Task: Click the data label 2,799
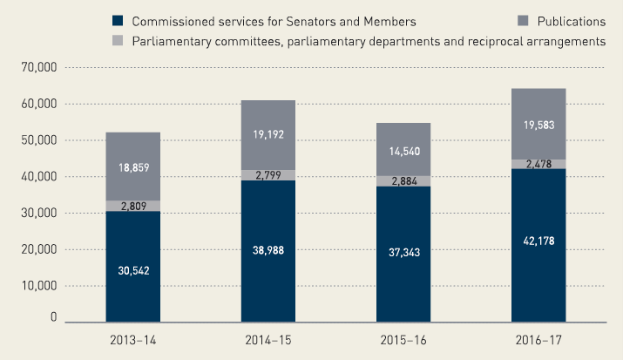268,176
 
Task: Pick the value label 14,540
403,151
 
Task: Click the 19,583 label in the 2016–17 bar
538,125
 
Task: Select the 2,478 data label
538,164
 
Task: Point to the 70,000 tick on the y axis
37,67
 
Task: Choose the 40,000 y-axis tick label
37,177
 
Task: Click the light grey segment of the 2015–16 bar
403,181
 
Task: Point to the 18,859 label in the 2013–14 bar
132,166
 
